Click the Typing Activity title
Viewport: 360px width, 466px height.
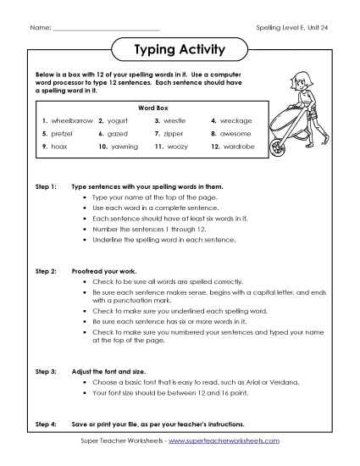pyautogui.click(x=180, y=50)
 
